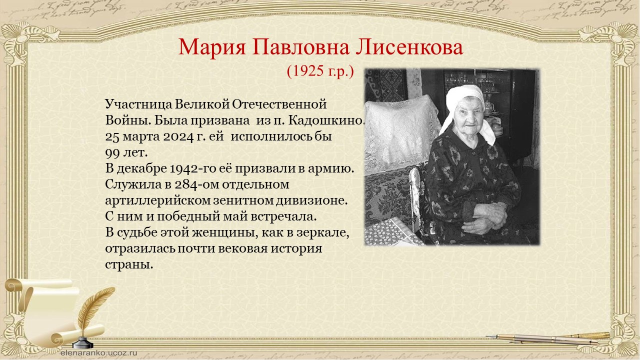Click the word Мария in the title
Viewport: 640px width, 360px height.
tap(212, 47)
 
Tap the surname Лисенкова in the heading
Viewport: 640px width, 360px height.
tap(409, 47)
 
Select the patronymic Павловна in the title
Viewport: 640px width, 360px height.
tap(300, 47)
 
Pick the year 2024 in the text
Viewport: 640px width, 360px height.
tap(178, 136)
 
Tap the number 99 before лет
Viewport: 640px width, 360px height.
tap(112, 153)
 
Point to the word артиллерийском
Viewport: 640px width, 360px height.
tap(158, 200)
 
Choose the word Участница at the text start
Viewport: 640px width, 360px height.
tap(139, 104)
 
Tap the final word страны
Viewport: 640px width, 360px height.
tap(129, 264)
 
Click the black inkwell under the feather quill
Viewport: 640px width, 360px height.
tap(83, 342)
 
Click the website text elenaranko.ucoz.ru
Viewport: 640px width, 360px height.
tap(99, 352)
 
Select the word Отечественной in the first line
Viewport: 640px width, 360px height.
tap(279, 104)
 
